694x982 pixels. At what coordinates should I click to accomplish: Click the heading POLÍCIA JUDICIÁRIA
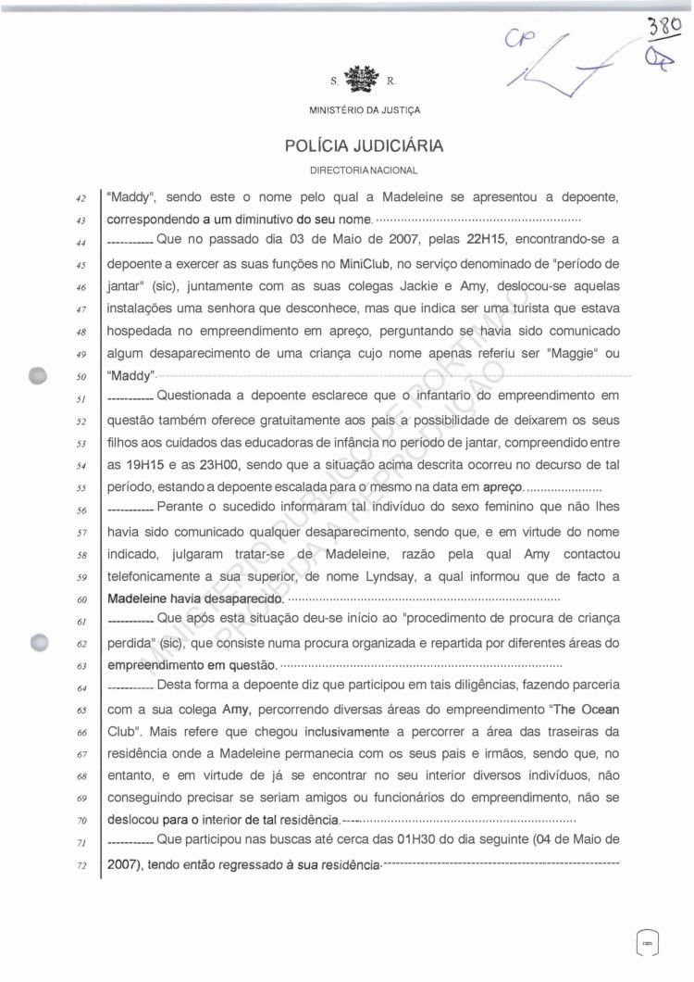tap(363, 145)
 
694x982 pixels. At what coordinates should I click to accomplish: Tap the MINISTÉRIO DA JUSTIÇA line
tap(363, 111)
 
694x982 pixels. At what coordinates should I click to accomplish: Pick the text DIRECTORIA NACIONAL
tap(363, 170)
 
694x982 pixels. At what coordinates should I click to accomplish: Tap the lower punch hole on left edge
tap(39, 641)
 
